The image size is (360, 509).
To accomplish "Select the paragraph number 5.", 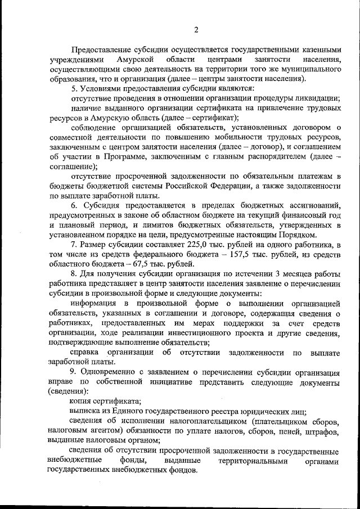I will [74, 89].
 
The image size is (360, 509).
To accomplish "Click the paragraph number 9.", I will [73, 372].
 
